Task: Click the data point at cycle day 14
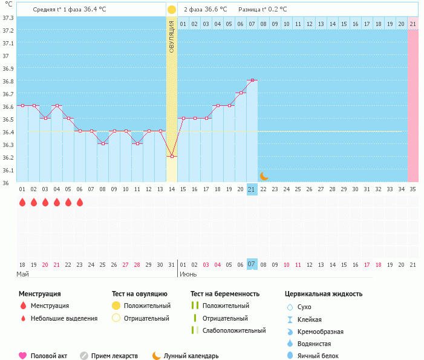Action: click(x=172, y=156)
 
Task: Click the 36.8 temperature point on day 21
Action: click(x=252, y=80)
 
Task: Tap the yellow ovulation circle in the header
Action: click(x=172, y=10)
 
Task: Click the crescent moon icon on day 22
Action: click(x=264, y=175)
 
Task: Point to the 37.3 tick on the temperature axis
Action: click(x=8, y=18)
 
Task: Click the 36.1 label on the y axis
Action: click(x=8, y=170)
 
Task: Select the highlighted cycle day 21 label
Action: click(x=252, y=189)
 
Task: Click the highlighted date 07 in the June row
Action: click(x=252, y=264)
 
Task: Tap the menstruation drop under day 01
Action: click(x=22, y=202)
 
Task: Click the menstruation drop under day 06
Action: click(x=80, y=202)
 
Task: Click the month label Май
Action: click(x=22, y=274)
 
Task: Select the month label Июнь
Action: click(x=187, y=274)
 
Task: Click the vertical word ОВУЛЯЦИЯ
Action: click(x=172, y=36)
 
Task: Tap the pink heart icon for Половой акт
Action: click(x=23, y=356)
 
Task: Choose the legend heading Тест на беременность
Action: click(x=225, y=294)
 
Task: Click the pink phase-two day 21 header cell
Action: click(x=413, y=24)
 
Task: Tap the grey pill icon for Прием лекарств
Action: click(x=84, y=356)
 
